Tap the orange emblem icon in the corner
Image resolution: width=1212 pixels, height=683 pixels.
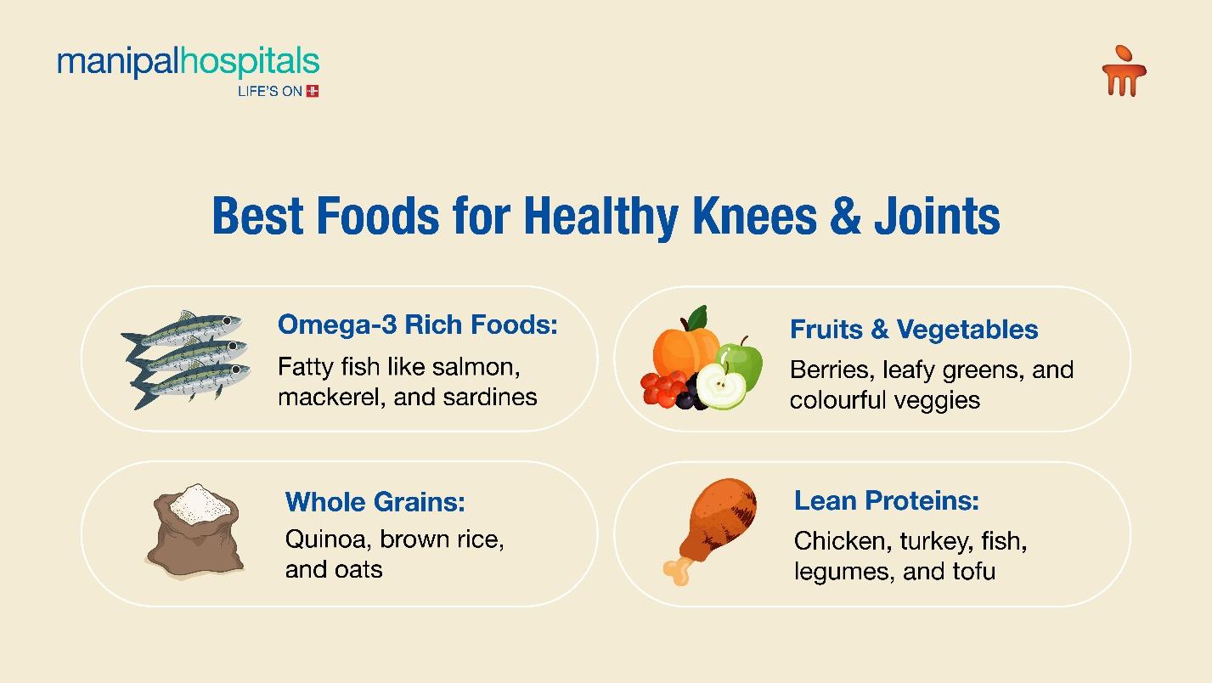(x=1124, y=71)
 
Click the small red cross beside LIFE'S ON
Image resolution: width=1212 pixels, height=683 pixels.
(x=313, y=91)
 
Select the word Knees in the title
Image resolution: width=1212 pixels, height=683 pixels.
(x=755, y=216)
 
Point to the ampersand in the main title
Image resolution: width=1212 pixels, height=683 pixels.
(x=845, y=216)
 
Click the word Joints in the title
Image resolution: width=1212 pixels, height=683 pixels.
(x=937, y=216)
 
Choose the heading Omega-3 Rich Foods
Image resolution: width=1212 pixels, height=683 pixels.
(x=417, y=325)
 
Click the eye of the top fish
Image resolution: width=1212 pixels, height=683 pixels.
(x=228, y=321)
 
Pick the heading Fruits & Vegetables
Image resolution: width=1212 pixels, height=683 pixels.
(x=914, y=329)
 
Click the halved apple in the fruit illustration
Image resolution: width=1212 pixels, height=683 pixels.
(x=721, y=386)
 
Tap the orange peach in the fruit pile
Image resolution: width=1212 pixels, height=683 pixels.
(x=685, y=350)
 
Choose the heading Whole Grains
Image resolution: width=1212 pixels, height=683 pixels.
(x=375, y=502)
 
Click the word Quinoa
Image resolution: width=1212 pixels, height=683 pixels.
(x=328, y=539)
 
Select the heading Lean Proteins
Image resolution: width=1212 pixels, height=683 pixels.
(x=886, y=500)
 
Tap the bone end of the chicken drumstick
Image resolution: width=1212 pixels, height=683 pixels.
(x=677, y=572)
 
